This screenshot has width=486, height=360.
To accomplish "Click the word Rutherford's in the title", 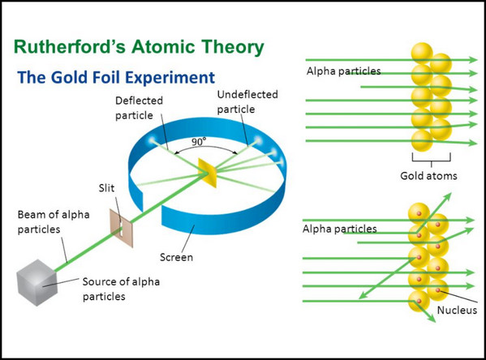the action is pos(70,47).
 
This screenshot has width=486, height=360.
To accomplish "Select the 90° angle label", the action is pos(199,142).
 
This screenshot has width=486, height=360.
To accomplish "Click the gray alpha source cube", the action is pos(37,282).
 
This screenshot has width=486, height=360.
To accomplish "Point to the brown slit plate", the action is pos(122,228).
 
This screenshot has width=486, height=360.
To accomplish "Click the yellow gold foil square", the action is pos(208,173).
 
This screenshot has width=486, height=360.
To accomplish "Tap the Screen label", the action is pos(176,257).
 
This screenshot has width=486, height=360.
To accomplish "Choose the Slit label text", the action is pos(106,188).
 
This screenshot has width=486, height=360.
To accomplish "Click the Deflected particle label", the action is pos(139,108).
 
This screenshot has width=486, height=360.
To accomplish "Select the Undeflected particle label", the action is pos(247,101).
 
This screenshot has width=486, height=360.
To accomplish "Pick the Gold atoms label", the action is pos(428,176).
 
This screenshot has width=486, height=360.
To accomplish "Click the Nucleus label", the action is pos(457,310).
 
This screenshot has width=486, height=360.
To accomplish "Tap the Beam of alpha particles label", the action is pos(54,222).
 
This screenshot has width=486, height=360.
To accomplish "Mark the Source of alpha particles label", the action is pos(121,289).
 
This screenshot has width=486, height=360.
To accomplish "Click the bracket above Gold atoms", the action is pos(431,158).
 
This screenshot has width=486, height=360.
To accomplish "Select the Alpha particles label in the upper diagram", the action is pos(343,71).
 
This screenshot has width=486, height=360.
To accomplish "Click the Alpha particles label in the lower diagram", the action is pos(339,229).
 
